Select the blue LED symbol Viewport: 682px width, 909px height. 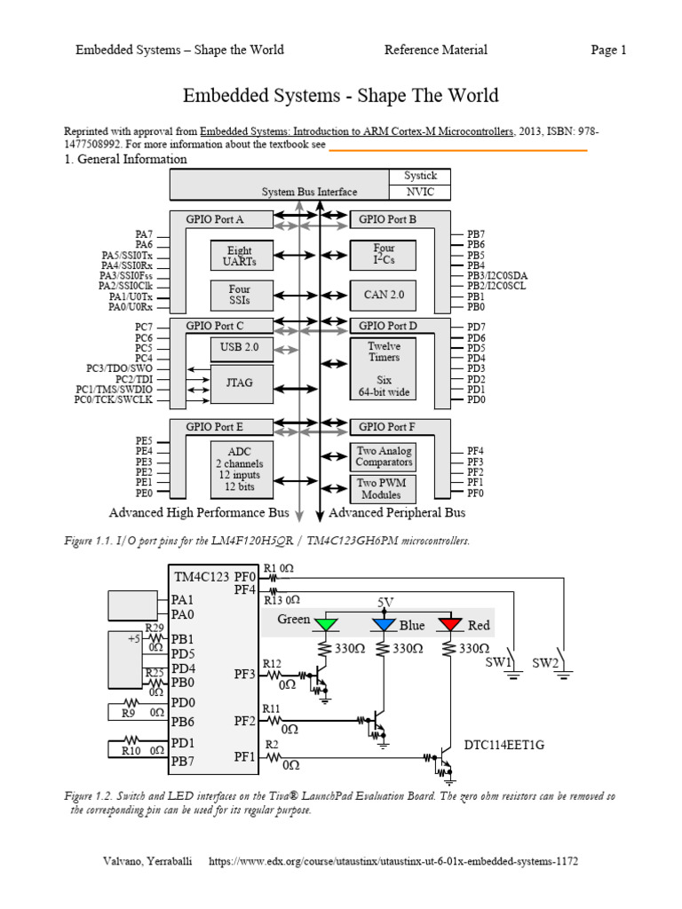384,624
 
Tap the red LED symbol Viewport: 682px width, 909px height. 450,624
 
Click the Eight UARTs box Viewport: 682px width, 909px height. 239,256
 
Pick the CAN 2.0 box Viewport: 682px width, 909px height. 384,294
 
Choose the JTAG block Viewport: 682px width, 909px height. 239,383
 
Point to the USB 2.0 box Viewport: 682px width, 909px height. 239,347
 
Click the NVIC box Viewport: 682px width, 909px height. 419,192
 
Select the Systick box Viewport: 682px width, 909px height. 419,177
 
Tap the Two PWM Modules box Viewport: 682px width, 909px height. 381,488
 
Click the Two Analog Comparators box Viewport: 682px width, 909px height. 384,456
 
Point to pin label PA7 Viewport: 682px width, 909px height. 144,234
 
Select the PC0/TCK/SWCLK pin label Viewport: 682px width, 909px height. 114,400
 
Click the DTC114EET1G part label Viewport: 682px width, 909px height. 503,745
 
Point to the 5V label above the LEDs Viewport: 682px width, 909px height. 385,603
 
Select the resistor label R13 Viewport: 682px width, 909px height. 273,601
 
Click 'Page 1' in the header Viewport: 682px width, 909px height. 608,50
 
